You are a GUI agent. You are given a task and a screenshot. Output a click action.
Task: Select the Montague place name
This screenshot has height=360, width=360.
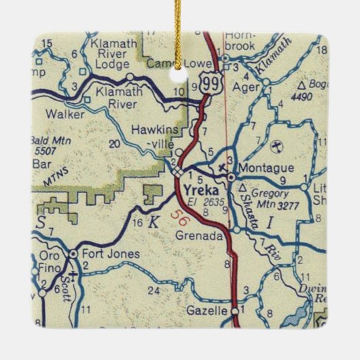pyautogui.click(x=267, y=168)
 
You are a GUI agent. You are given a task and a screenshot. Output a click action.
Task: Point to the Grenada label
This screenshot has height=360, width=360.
pyautogui.click(x=198, y=236)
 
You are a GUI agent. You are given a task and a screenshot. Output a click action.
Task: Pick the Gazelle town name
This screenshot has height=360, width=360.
pyautogui.click(x=206, y=310)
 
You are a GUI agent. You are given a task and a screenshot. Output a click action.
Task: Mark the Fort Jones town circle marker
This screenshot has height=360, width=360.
pyautogui.click(x=73, y=254)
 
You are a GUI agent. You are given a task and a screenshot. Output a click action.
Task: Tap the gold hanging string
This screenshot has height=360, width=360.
pyautogui.click(x=179, y=27)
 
